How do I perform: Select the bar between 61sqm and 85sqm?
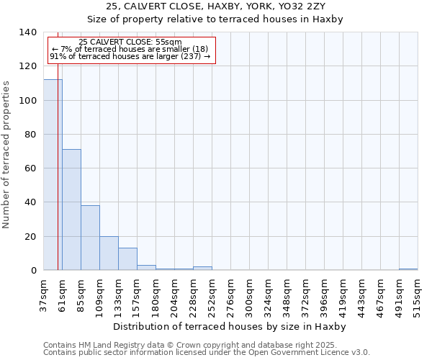[71, 210]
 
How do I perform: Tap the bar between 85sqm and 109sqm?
[90, 238]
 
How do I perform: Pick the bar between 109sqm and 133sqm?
[109, 253]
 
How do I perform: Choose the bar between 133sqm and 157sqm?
[127, 258]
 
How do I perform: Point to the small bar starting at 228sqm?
[202, 269]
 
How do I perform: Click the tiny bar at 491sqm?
[408, 269]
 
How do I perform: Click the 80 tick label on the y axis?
[31, 135]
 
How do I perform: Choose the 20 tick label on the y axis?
[31, 236]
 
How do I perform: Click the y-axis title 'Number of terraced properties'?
[6, 154]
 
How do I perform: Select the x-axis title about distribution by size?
[230, 327]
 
